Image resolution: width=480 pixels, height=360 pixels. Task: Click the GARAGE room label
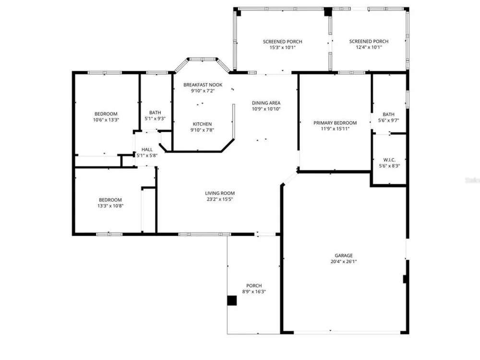[x=344, y=256]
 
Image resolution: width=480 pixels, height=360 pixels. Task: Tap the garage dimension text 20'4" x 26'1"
[x=344, y=262]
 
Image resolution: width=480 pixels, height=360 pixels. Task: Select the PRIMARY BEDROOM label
[x=335, y=123]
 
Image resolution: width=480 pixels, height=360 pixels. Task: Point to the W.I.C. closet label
[x=389, y=160]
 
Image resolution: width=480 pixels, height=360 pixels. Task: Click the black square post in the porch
[x=232, y=300]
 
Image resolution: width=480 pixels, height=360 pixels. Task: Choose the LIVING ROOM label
[x=220, y=193]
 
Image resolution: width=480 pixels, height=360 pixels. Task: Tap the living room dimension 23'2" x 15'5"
[x=220, y=199]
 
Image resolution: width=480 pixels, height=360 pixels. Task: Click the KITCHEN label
[x=202, y=124]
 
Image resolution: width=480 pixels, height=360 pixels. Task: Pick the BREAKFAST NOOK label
[x=203, y=85]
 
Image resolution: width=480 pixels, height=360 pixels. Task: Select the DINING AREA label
[x=266, y=103]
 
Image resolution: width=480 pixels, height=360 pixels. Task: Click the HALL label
[x=147, y=150]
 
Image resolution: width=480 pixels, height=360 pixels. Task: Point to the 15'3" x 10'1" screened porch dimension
[x=282, y=48]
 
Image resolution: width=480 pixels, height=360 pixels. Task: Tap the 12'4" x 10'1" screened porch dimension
[x=369, y=47]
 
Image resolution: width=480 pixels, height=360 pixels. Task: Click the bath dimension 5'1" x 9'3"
[x=155, y=119]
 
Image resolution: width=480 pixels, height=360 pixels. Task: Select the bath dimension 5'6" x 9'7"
[x=388, y=120]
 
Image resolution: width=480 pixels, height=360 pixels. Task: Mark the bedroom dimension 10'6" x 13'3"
[x=106, y=120]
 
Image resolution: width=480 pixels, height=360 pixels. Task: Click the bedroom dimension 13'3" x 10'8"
[x=110, y=206]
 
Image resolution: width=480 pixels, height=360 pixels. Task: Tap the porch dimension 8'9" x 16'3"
[x=254, y=292]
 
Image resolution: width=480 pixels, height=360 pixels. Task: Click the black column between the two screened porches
[x=328, y=12]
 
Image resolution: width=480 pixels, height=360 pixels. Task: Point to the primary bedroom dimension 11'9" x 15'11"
[x=335, y=129]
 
